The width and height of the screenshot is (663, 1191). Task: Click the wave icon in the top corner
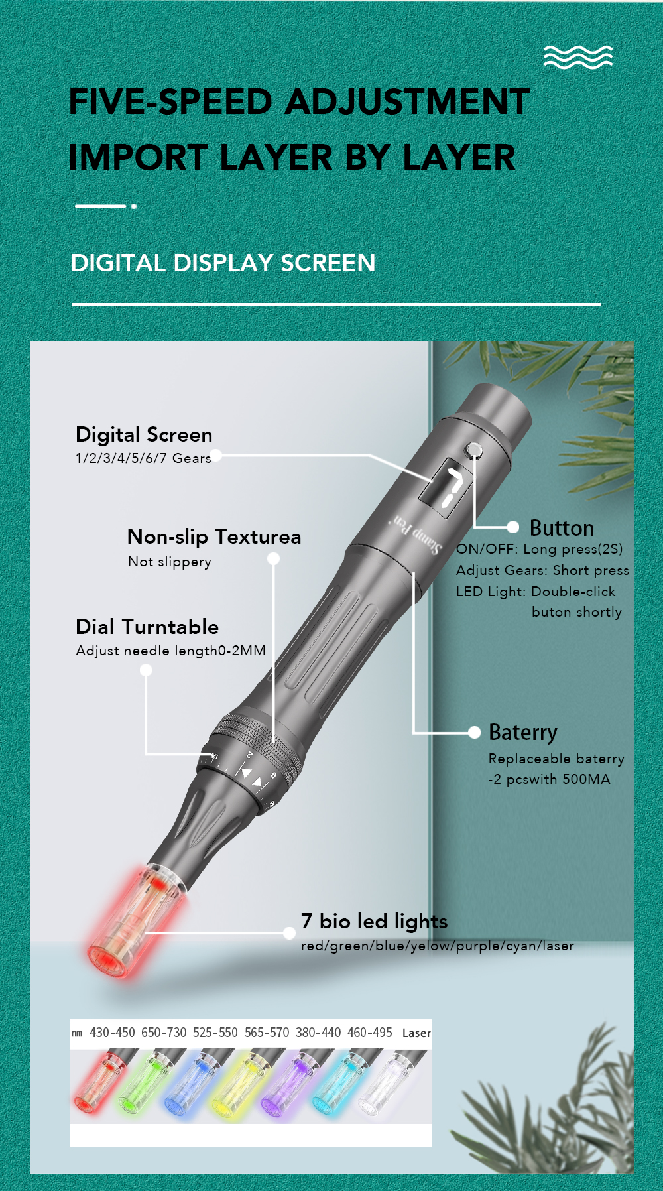(x=578, y=57)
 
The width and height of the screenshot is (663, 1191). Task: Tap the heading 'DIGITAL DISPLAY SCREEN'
(x=223, y=263)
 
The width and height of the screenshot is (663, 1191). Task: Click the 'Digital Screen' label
(x=144, y=435)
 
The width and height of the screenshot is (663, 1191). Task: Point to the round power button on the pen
(x=475, y=451)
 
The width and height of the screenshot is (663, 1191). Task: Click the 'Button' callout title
(x=562, y=528)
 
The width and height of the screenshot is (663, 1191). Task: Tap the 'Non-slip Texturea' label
(x=214, y=536)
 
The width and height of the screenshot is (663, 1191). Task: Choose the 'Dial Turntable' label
(x=147, y=627)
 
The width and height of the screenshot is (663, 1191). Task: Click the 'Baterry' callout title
(x=522, y=733)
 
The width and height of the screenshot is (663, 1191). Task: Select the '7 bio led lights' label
(x=374, y=922)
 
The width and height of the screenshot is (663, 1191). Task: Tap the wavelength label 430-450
(x=112, y=1033)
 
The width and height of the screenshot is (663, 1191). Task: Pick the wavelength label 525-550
(x=215, y=1033)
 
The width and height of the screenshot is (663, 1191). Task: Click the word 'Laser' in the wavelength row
(x=416, y=1033)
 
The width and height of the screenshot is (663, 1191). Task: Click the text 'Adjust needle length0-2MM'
(x=170, y=651)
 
